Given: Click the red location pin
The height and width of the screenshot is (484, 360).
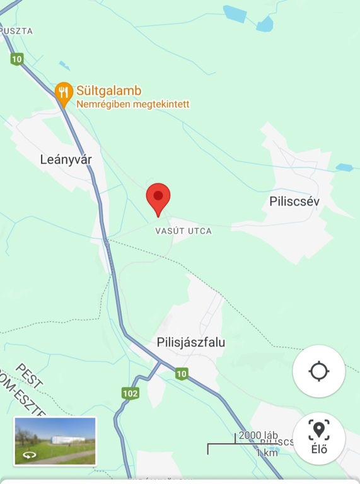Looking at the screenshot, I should pos(158,198).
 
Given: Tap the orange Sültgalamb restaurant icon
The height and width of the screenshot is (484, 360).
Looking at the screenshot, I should pos(63,92).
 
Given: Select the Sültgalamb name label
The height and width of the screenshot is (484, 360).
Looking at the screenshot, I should pos(108,89).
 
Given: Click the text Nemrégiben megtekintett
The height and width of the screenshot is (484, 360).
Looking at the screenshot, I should pos(133,104).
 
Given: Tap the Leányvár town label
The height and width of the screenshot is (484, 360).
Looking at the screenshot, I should pos(66,159).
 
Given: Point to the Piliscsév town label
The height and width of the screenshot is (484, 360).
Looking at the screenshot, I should pos(295,202).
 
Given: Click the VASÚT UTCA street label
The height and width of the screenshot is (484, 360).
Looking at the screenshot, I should pos(183,231).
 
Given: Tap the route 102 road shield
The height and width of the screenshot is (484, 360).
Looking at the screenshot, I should pos(131,394).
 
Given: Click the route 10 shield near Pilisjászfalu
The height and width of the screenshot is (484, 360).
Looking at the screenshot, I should pos(182,374).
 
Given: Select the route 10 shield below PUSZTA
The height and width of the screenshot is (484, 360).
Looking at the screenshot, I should pos(17,59).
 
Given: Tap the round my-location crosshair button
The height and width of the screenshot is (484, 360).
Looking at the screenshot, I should pos(319,371).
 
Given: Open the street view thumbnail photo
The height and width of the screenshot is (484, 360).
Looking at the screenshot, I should pos(55,441).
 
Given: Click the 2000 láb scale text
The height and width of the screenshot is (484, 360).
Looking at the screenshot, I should pos(258,436).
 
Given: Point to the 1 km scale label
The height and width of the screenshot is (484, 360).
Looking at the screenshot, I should pos(267,453).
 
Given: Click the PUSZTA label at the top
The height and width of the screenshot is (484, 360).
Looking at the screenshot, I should pos(17,30).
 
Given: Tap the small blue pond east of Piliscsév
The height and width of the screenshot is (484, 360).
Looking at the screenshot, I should pos(344,168).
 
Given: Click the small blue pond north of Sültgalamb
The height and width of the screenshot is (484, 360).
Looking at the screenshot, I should pos(64,65).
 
